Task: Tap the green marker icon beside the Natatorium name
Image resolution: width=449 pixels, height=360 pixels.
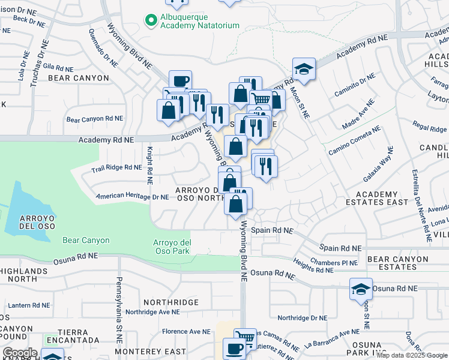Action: point(151,20)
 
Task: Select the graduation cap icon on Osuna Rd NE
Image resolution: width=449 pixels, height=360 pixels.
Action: point(361,290)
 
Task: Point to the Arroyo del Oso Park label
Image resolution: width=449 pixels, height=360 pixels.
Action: point(168,246)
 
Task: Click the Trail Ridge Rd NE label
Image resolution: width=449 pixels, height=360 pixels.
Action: point(116,168)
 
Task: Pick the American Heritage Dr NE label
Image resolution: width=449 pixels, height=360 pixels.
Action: point(132,196)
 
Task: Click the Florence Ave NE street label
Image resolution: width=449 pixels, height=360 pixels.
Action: point(182,331)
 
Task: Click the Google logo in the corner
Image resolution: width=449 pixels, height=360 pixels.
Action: point(20,352)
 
